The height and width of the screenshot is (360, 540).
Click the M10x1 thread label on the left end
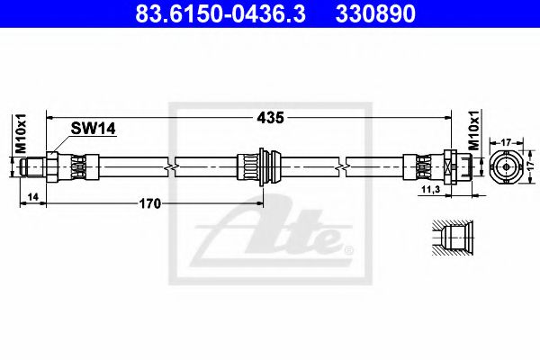17,134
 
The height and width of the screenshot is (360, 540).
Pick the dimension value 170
148,203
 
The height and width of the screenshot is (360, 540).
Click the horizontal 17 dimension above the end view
506,140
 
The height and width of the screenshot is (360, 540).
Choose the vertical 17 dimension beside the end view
531,166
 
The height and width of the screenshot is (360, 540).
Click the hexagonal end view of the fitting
506,167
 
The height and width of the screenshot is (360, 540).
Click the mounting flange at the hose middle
261,166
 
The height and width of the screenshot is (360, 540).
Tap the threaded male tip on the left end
31,166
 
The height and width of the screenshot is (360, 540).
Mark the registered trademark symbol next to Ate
351,248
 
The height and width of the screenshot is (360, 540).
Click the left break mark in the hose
171,166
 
